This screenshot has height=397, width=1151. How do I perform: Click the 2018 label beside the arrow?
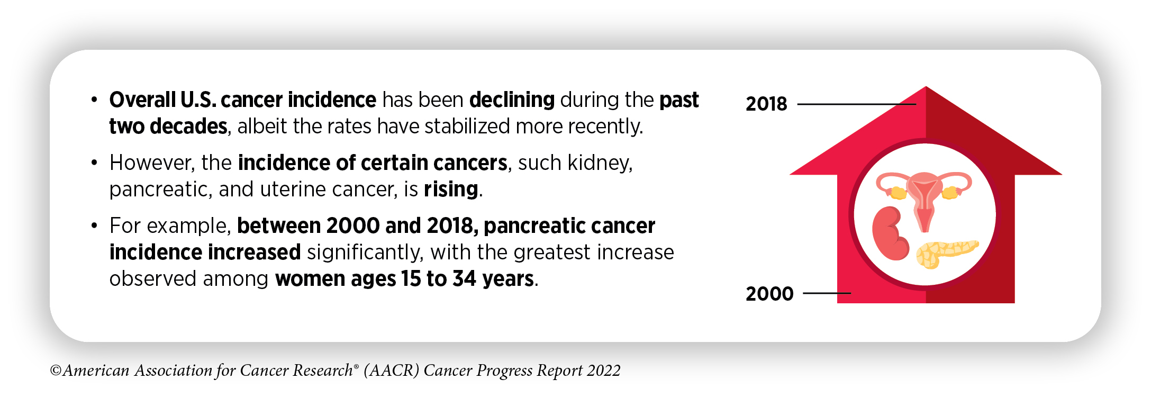766,104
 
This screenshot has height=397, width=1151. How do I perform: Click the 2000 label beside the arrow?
769,294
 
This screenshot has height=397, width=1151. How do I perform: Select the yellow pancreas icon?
947,254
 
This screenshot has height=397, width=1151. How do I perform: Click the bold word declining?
512,100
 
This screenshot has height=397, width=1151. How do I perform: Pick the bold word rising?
451,190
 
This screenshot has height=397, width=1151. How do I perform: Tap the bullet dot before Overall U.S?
94,100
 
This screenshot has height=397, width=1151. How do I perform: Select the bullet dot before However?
94,163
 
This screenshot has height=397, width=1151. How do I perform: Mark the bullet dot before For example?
94,225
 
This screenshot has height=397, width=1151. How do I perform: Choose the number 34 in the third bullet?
465,279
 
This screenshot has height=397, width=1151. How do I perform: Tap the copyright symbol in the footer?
56,371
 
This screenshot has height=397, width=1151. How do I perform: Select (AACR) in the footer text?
392,371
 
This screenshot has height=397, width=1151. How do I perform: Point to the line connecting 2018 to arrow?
857,104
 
